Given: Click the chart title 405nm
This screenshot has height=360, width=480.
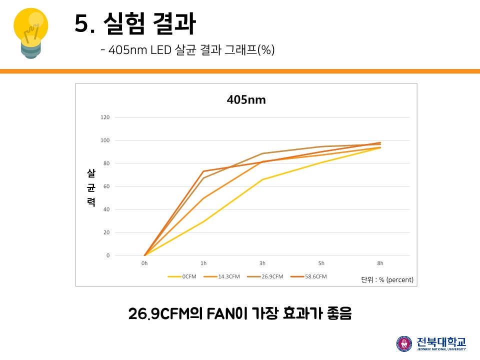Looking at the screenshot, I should (246, 100).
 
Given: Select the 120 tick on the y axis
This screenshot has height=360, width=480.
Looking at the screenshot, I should (105, 117).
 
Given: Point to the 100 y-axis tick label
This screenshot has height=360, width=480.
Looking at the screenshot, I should (105, 140).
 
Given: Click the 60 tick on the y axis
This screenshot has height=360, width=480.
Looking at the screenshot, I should (106, 186).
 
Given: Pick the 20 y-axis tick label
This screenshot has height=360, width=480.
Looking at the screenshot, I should (106, 232).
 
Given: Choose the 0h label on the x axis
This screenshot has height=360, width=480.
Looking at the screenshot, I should (144, 263).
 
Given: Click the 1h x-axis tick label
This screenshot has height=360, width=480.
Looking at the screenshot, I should (203, 263).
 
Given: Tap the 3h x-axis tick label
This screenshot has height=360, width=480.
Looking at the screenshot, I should (262, 263).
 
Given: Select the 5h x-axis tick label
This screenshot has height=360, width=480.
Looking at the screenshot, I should (321, 263).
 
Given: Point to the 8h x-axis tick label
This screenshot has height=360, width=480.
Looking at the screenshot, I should (380, 263).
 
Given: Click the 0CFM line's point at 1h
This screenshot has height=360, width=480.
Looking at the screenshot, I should (203, 221).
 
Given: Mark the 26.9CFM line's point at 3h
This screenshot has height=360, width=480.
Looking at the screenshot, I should (262, 153).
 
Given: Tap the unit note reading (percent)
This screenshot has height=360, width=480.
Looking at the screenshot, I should (399, 279).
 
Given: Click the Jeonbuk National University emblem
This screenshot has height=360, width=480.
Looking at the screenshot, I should (404, 343).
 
